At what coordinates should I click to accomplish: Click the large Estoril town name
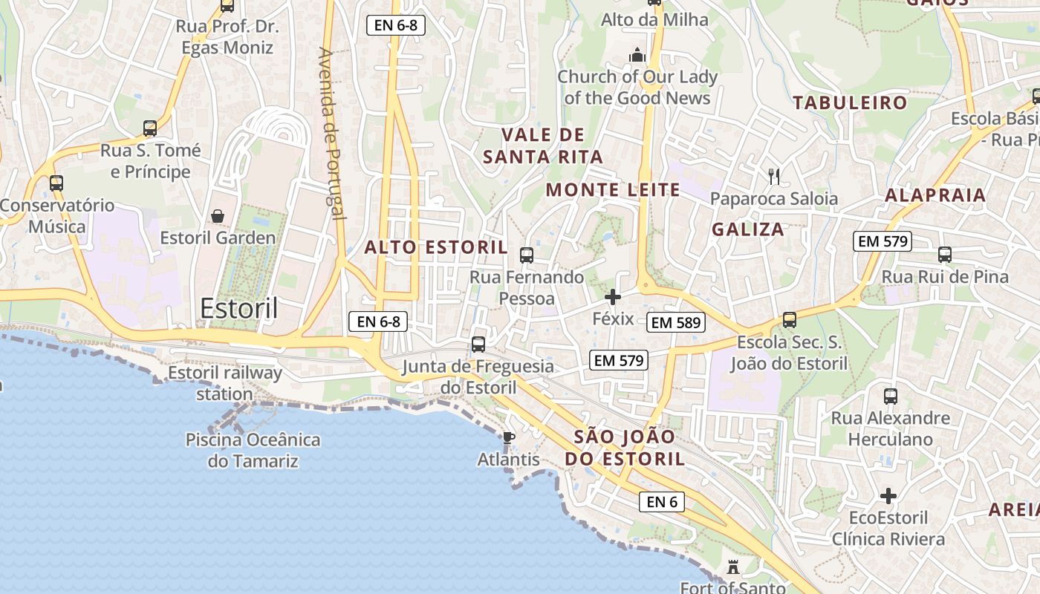coord(239,307)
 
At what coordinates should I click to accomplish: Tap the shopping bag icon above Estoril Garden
coord(218,216)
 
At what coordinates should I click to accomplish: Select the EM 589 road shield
coord(675,322)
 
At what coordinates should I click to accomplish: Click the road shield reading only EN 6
coord(661,502)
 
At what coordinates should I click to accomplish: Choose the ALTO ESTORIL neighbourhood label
coord(436,247)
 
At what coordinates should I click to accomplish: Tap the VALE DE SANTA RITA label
coord(543,146)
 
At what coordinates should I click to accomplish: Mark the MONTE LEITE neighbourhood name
coord(613,190)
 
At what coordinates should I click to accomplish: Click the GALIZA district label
coord(748,229)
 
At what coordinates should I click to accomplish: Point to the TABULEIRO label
coord(850,102)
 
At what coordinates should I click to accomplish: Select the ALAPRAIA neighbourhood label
coord(935,196)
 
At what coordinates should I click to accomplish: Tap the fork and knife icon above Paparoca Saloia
coord(774,177)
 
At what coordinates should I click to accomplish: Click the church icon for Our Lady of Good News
coord(637,55)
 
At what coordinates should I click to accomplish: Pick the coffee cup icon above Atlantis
coord(508,438)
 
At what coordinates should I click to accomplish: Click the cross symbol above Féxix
coord(613,298)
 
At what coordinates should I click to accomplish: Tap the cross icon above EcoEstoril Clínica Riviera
coord(888,496)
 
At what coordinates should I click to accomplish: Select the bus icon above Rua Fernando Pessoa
coord(527,255)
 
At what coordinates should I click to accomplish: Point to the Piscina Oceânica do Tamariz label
coord(253,450)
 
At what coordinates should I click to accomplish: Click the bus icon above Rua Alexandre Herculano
coord(890,396)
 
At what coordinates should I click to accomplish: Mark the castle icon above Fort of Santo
coord(733,568)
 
